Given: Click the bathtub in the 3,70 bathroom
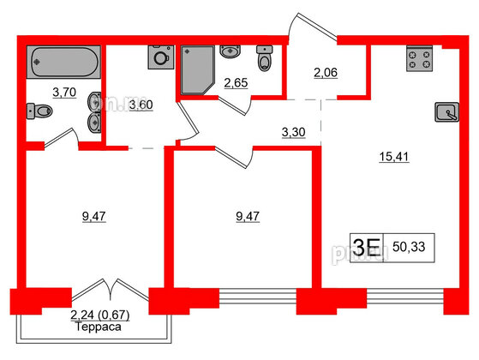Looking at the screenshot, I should tap(65, 63).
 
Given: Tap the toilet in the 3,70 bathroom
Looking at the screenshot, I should tap(38, 110).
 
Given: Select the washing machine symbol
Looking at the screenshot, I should tap(159, 57).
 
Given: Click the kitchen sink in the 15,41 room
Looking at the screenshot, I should tap(446, 111).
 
